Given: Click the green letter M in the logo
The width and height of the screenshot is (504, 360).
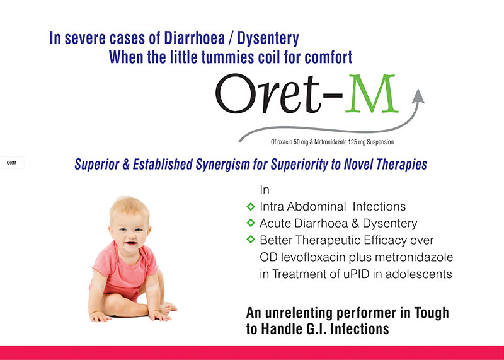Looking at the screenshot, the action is coord(372,93).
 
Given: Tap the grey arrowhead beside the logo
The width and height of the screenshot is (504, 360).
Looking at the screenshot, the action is coord(418,96).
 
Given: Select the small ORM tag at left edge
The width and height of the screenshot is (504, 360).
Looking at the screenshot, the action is coord(11,163).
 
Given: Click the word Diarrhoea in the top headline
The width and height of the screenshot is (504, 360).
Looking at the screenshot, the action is coord(195,38).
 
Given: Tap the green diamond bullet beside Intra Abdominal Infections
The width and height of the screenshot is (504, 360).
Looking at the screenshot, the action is coord(251,206).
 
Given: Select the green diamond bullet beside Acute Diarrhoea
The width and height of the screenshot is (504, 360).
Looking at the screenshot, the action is coord(251,223).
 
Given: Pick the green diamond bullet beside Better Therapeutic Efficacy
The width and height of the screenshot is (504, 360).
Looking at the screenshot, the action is coord(251,240).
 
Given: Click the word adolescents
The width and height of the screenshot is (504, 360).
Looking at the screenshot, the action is coord(418,274).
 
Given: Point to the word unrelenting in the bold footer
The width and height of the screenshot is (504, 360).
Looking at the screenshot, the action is coord(297,313).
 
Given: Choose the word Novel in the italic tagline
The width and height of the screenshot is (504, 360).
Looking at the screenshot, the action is coord(358,165).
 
